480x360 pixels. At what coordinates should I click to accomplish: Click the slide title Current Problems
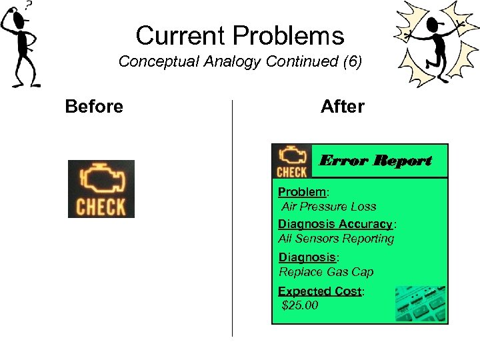point(240,35)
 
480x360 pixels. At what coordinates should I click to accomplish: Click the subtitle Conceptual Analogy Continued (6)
point(240,62)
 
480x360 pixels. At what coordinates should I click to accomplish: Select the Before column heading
point(94,107)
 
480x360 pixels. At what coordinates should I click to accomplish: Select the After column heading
point(343,107)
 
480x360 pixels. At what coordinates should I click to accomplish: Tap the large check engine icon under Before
point(101,189)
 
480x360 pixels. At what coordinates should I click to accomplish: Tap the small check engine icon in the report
point(292,161)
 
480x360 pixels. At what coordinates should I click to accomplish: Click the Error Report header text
point(375,161)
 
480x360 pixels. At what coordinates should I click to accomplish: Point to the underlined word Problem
point(302,192)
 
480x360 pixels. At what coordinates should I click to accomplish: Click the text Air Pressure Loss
point(329,207)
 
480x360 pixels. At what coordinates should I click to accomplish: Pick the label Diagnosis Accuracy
point(335,224)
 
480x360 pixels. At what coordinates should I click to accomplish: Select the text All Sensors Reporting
point(336,239)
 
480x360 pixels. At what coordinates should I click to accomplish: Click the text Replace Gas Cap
point(326,272)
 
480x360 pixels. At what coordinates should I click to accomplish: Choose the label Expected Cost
point(319,291)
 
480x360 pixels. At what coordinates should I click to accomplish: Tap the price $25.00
point(300,306)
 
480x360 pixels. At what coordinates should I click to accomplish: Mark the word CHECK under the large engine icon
point(101,207)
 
